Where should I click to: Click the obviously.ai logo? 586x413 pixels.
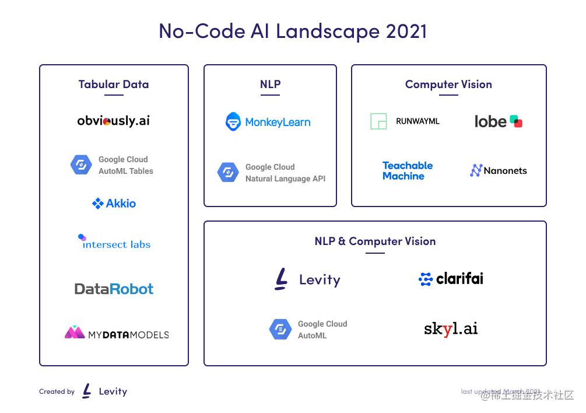pyautogui.click(x=114, y=121)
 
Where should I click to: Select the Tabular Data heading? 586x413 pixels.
pyautogui.click(x=114, y=84)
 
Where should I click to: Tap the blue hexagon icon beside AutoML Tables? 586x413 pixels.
pyautogui.click(x=81, y=165)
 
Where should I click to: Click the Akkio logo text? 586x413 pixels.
pyautogui.click(x=121, y=204)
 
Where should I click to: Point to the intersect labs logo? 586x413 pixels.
pyautogui.click(x=115, y=243)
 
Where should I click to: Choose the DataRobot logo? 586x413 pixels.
pyautogui.click(x=114, y=289)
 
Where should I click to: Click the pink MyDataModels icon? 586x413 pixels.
pyautogui.click(x=75, y=333)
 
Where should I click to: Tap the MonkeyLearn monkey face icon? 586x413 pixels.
pyautogui.click(x=233, y=122)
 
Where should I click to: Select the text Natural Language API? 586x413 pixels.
pyautogui.click(x=285, y=178)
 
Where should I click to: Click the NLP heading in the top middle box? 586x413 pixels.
pyautogui.click(x=270, y=84)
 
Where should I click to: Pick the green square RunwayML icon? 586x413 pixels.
pyautogui.click(x=378, y=121)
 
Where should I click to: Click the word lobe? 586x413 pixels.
pyautogui.click(x=490, y=121)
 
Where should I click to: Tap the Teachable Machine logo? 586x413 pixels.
pyautogui.click(x=407, y=171)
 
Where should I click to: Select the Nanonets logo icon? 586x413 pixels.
pyautogui.click(x=476, y=170)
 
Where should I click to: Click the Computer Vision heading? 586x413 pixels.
pyautogui.click(x=448, y=84)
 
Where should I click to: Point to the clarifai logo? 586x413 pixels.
pyautogui.click(x=451, y=279)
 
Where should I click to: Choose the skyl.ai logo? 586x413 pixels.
pyautogui.click(x=451, y=329)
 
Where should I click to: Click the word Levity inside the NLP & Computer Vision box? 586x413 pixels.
pyautogui.click(x=319, y=280)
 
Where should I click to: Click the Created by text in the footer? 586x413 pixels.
pyautogui.click(x=57, y=392)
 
